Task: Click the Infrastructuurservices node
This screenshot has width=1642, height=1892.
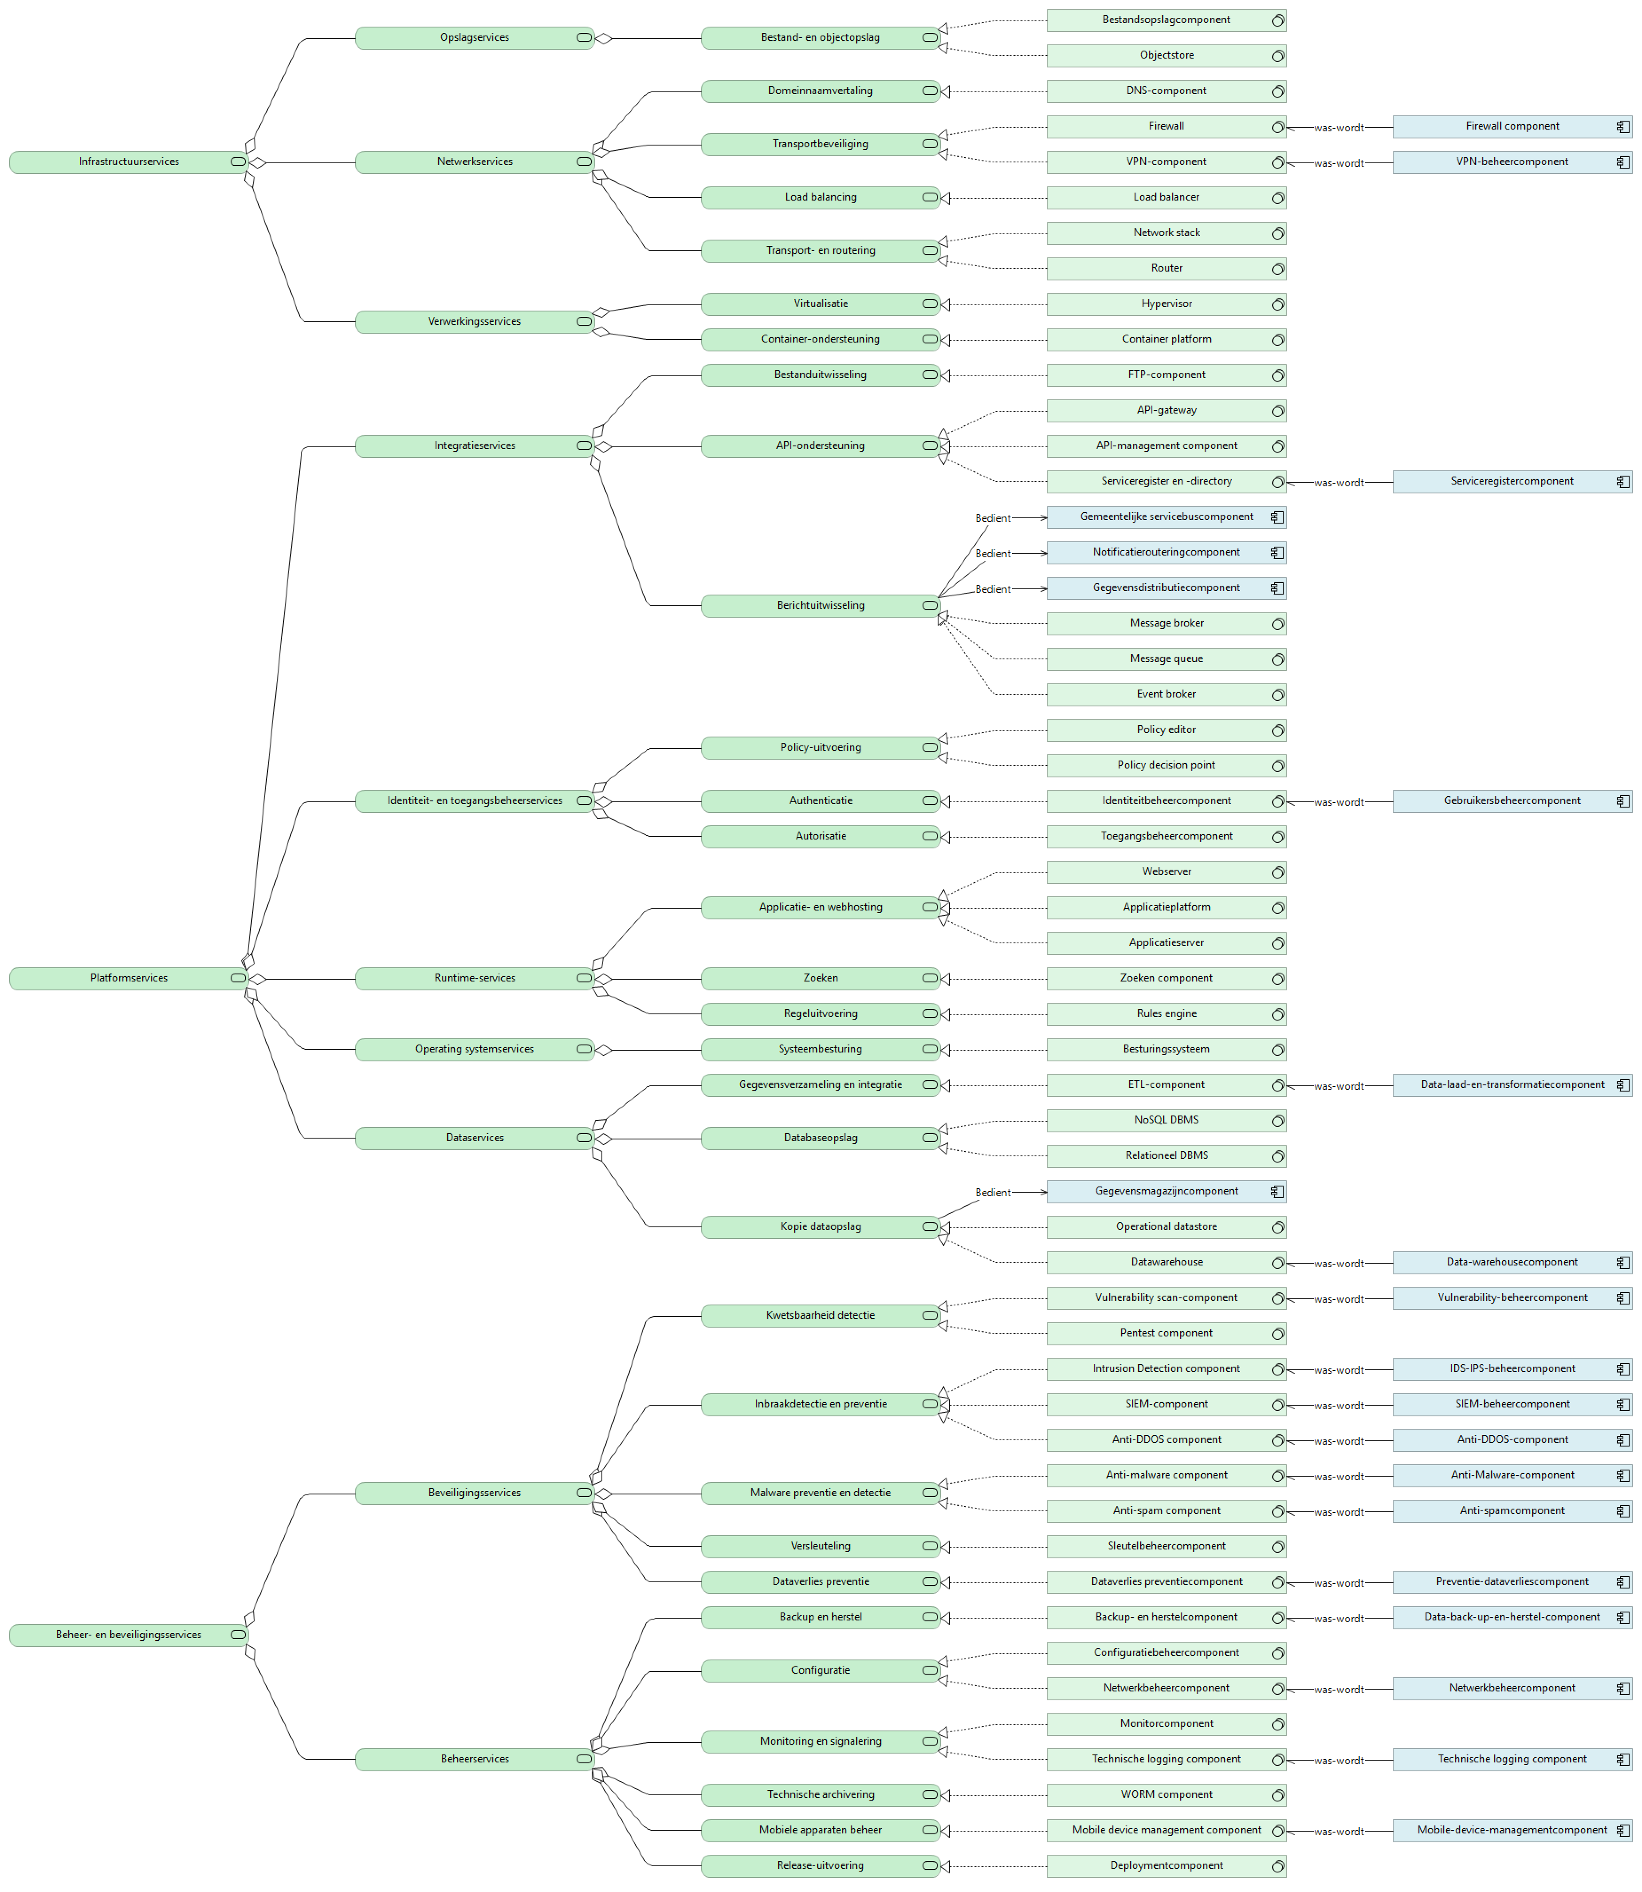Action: (x=128, y=162)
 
